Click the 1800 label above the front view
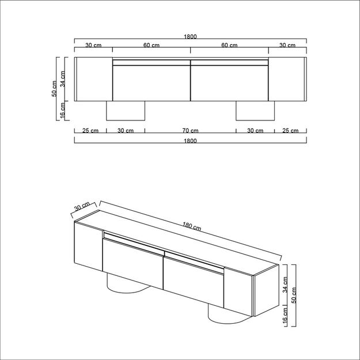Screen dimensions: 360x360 pyautogui.click(x=190, y=36)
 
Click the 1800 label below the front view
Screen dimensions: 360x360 pyautogui.click(x=190, y=141)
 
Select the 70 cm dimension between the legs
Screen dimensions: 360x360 pyautogui.click(x=190, y=131)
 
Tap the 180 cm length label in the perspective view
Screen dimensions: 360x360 pyautogui.click(x=192, y=226)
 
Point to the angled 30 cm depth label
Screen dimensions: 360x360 pyautogui.click(x=82, y=207)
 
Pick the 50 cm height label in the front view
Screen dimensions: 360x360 pyautogui.click(x=54, y=89)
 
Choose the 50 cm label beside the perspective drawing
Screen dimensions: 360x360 pyautogui.click(x=294, y=295)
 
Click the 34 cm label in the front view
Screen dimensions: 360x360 pyautogui.click(x=62, y=79)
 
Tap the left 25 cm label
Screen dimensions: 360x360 pyautogui.click(x=90, y=131)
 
